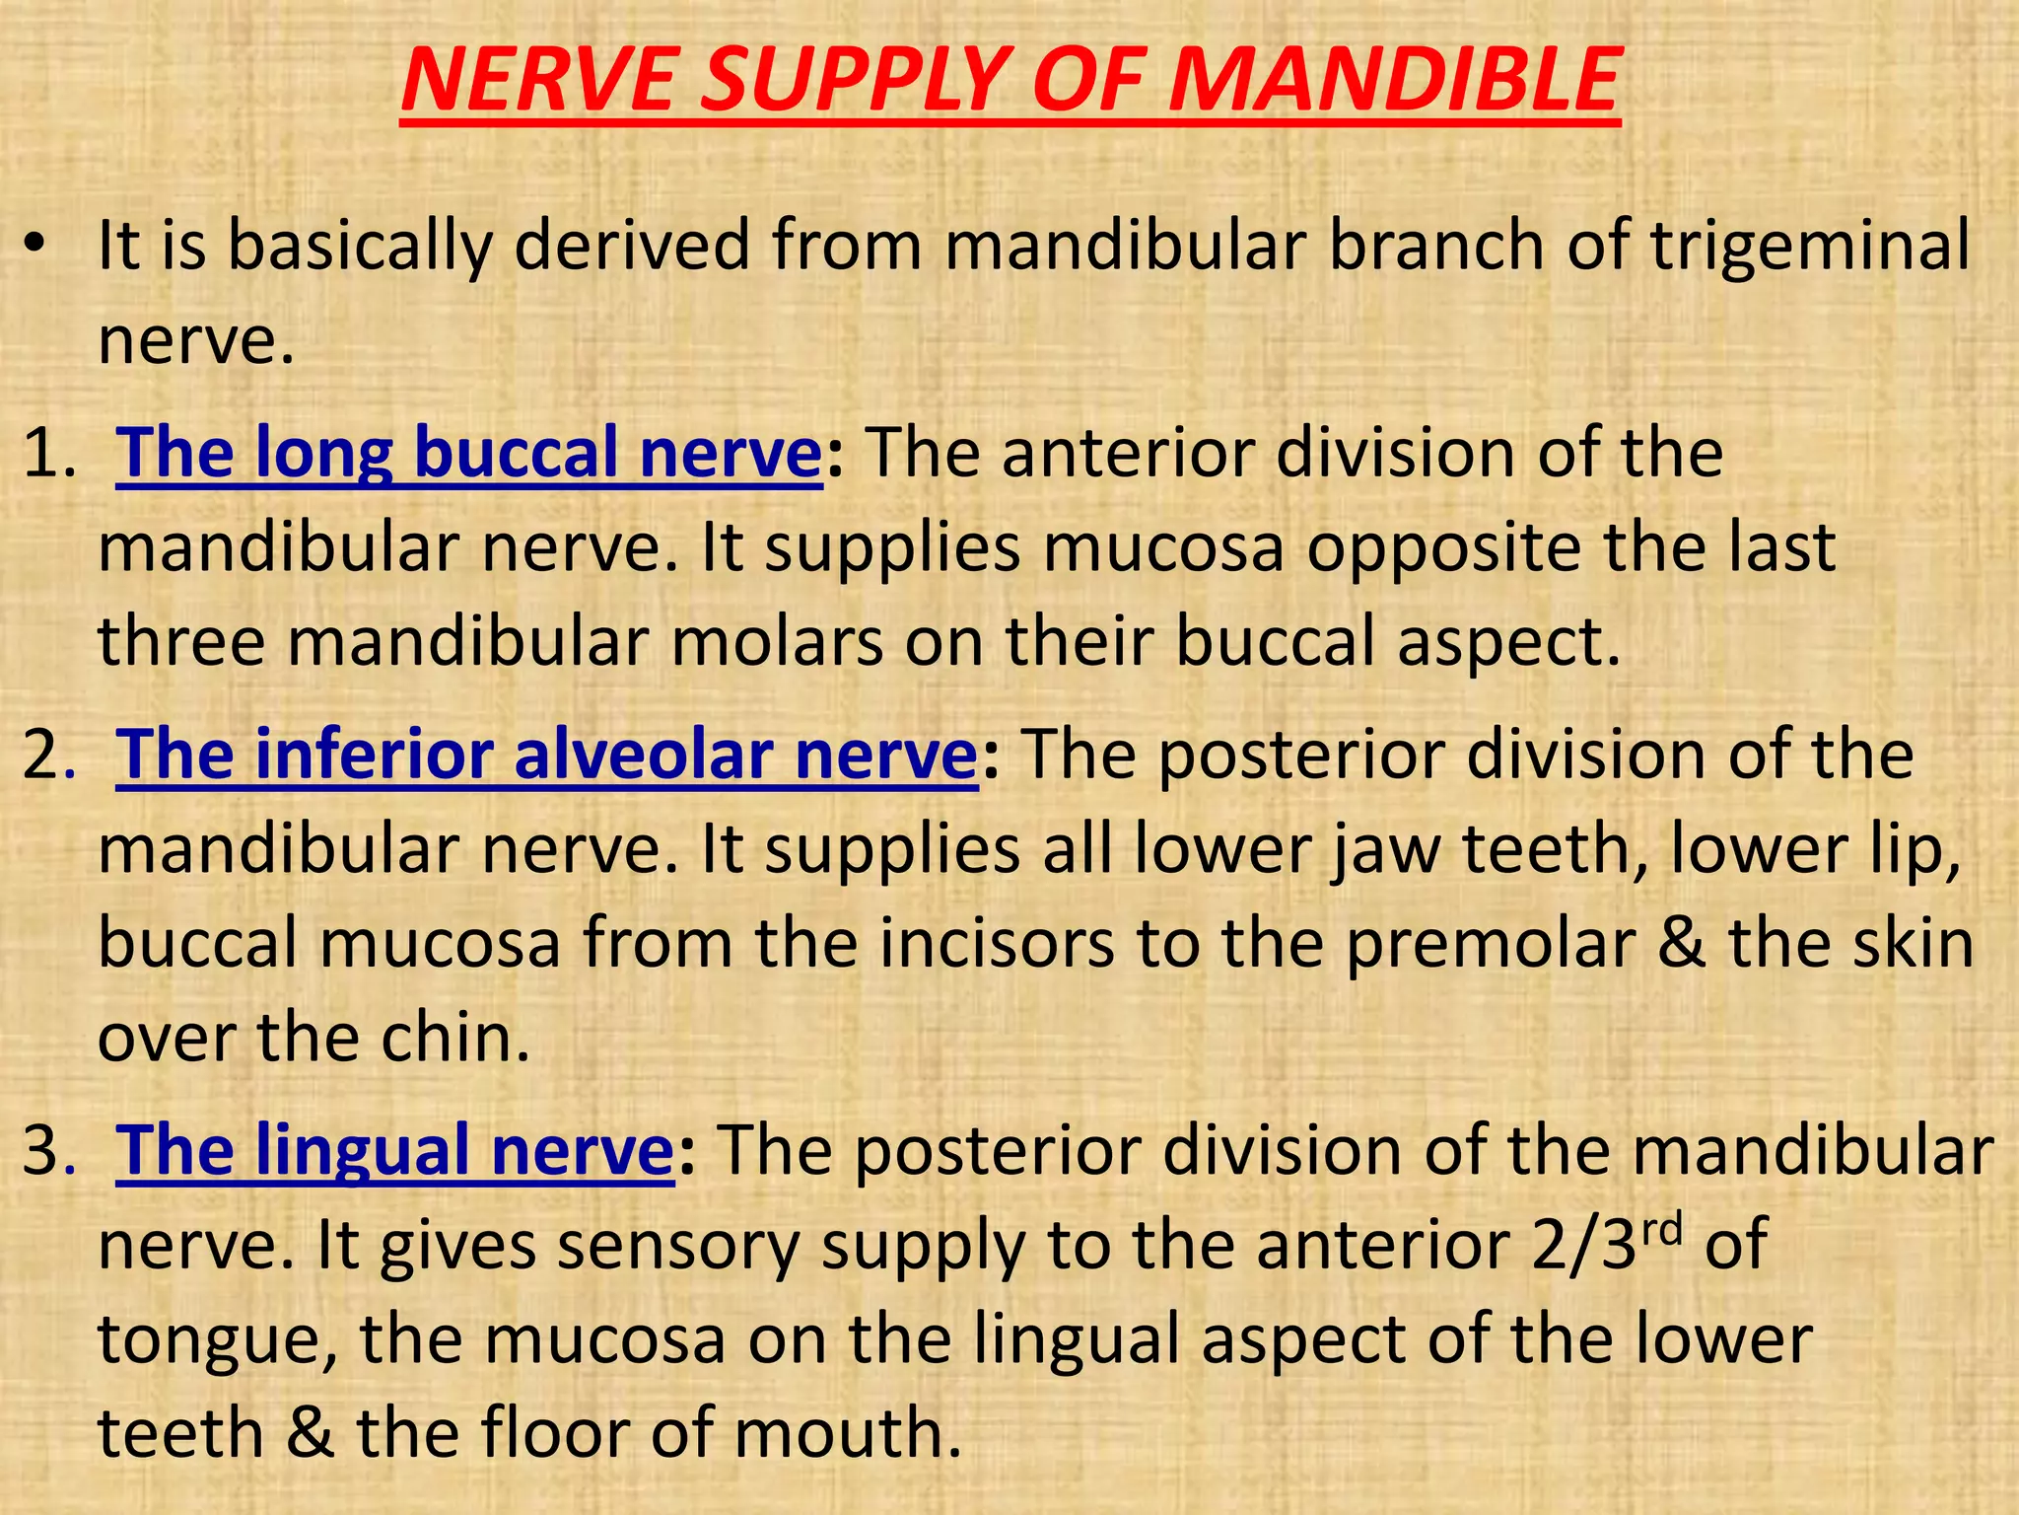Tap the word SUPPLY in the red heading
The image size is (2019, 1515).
coord(847,81)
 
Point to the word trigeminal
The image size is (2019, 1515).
coord(1811,245)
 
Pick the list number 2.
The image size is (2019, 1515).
coord(47,756)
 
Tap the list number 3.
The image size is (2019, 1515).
coord(47,1150)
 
